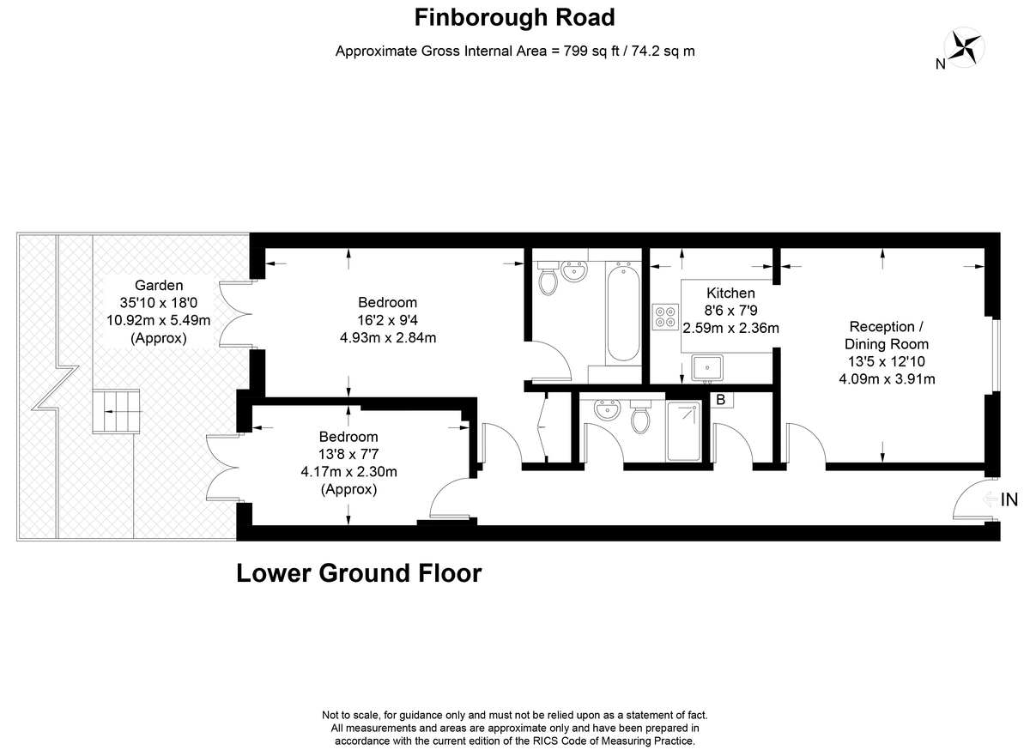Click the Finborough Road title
[x=514, y=16]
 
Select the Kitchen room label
[x=730, y=293]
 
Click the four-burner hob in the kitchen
[x=665, y=316]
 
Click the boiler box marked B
[x=720, y=400]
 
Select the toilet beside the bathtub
[x=548, y=279]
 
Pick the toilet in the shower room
[x=640, y=420]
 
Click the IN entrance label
[x=1009, y=499]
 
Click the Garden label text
[x=159, y=286]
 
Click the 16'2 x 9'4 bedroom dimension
[x=387, y=320]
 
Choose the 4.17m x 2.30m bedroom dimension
[x=348, y=471]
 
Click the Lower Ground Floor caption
[x=359, y=572]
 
